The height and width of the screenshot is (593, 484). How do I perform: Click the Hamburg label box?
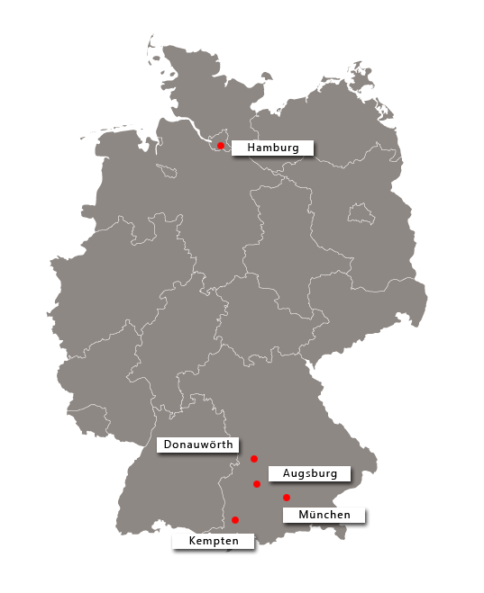pyautogui.click(x=271, y=148)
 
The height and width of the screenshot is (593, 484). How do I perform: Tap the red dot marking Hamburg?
pyautogui.click(x=221, y=145)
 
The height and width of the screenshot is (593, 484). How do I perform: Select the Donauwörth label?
pyautogui.click(x=198, y=445)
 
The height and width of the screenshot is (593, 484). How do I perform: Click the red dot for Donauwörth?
pyautogui.click(x=254, y=459)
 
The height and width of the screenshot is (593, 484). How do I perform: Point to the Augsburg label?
pyautogui.click(x=309, y=473)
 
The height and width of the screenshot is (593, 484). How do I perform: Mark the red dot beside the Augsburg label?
pyautogui.click(x=257, y=484)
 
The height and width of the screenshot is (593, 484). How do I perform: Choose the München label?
pyautogui.click(x=324, y=515)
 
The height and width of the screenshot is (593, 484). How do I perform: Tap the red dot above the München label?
pyautogui.click(x=287, y=498)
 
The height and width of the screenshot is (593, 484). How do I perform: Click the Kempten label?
pyautogui.click(x=214, y=542)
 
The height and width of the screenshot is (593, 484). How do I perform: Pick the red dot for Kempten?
pyautogui.click(x=235, y=519)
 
